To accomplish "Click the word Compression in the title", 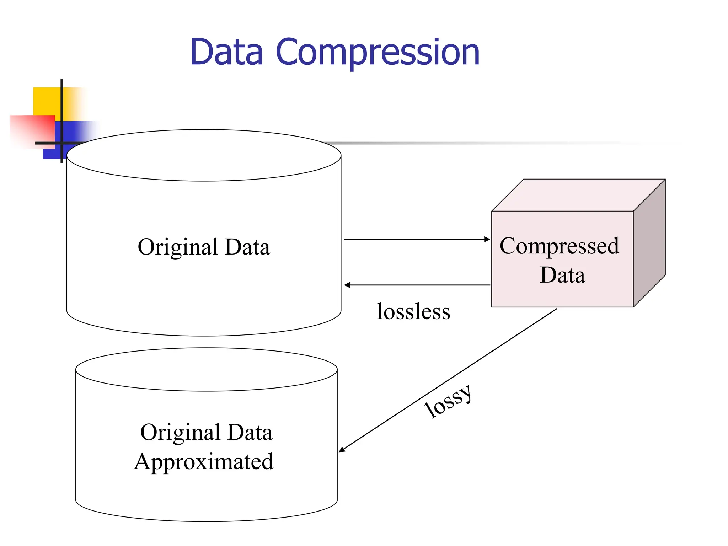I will pos(378,53).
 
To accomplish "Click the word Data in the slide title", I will pos(227,53).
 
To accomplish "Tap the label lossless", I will pos(413,311).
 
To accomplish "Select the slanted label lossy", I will pos(449,402).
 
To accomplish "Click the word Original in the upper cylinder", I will pos(178,247).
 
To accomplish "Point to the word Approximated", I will pos(204,462).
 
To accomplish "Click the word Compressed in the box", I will pos(559,246).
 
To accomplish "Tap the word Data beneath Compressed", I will pos(562,275).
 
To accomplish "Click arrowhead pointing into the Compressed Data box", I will pos(487,239).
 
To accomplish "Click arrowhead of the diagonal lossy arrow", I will pos(342,450).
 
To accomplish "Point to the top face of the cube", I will pos(578,195).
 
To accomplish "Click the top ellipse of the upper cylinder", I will pos(204,155).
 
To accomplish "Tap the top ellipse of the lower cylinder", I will pos(206,369).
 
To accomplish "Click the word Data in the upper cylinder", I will pos(247,247).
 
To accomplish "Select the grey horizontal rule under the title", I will pos(480,143).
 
